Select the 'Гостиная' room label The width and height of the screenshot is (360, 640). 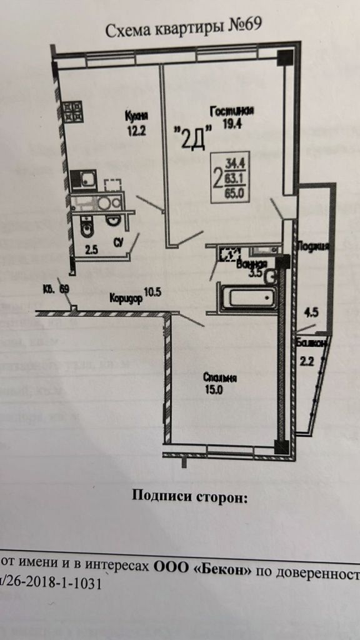(231, 111)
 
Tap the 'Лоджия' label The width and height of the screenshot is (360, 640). (313, 246)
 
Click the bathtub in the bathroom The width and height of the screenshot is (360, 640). (246, 296)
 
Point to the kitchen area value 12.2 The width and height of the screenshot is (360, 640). (135, 130)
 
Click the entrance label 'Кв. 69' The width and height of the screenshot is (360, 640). (56, 289)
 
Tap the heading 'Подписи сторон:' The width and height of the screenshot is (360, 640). (189, 497)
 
